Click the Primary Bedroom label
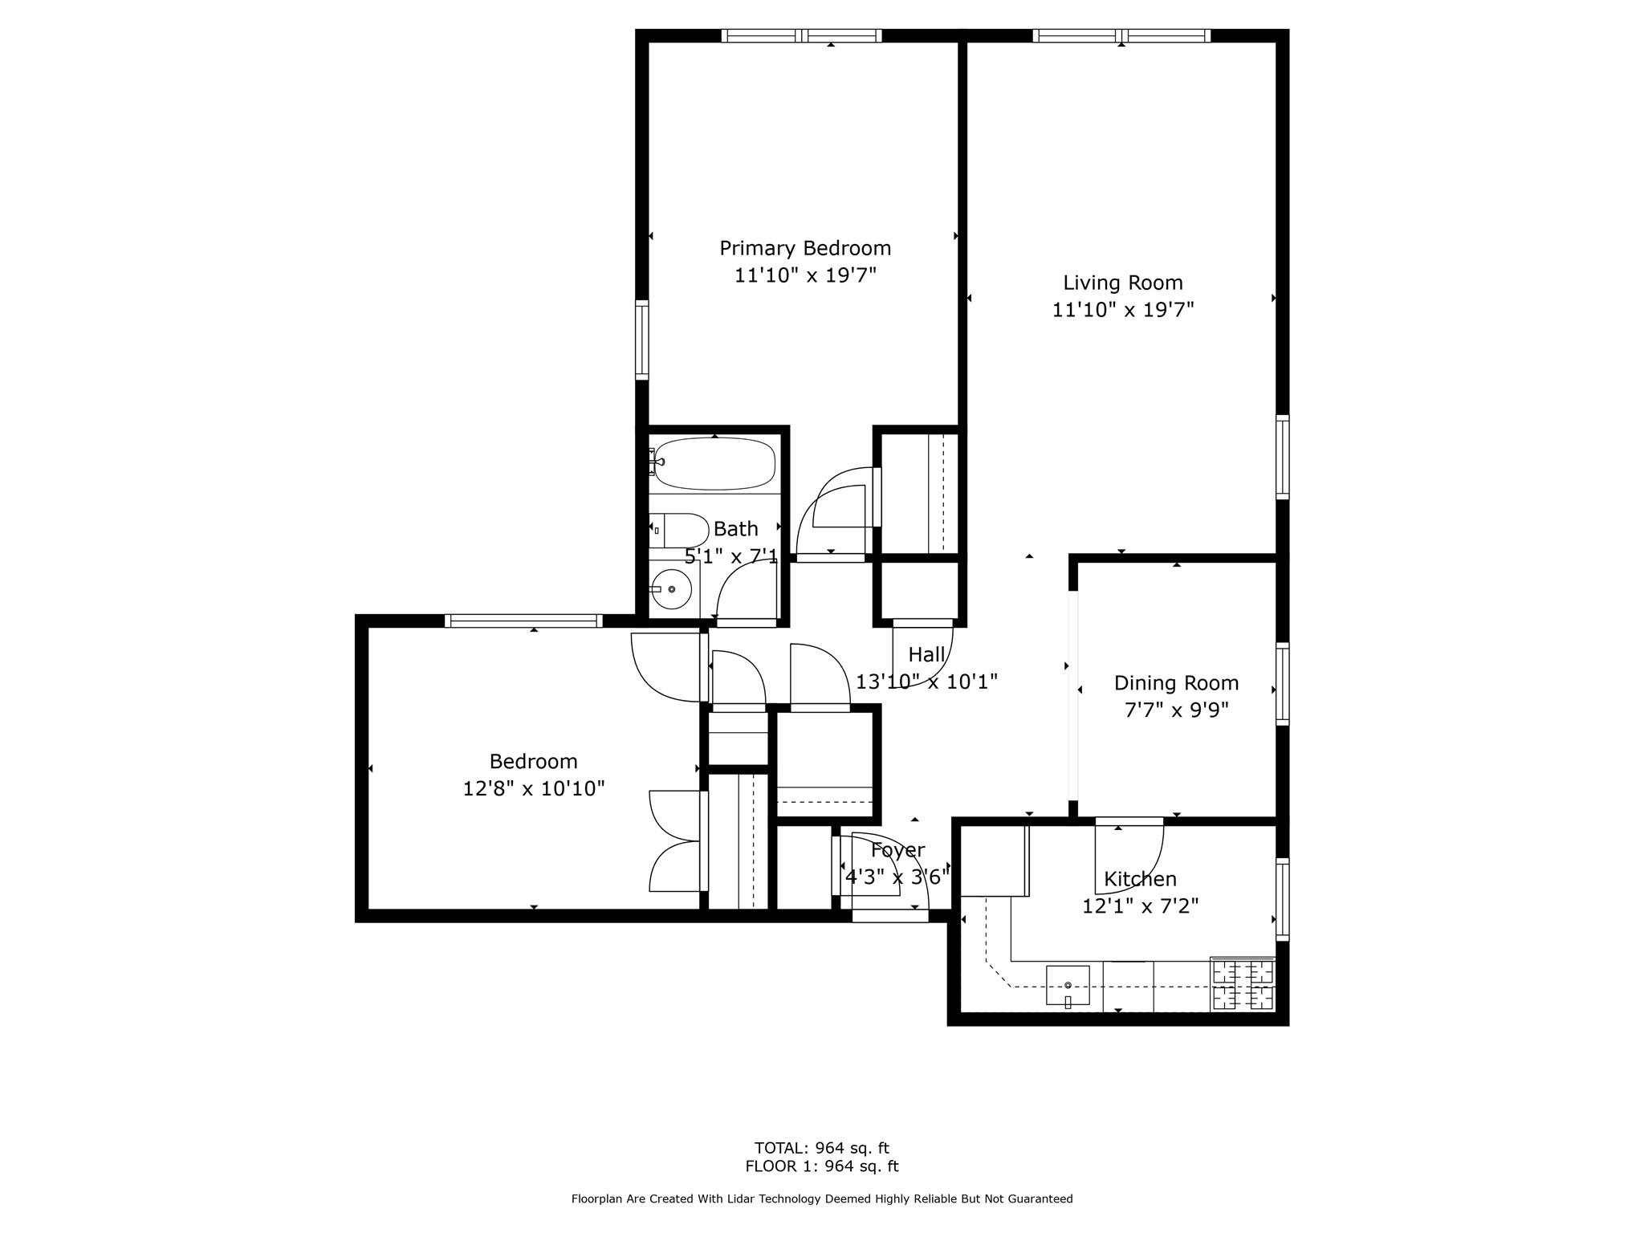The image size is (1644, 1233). point(804,248)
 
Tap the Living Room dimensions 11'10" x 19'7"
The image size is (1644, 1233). point(1122,310)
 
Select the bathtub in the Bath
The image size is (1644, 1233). point(714,463)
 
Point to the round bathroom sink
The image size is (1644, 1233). point(671,589)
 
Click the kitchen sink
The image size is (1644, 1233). point(1068,986)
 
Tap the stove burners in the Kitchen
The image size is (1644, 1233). point(1243,985)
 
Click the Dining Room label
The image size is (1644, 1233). point(1176,683)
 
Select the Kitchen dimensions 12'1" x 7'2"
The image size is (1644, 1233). point(1140,906)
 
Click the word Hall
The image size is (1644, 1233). point(926,655)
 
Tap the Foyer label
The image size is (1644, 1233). point(897,850)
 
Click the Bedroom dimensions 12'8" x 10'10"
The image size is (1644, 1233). point(533,788)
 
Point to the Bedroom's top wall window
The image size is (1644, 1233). point(523,621)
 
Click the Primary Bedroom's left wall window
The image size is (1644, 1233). point(641,340)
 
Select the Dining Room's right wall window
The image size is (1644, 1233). point(1282,684)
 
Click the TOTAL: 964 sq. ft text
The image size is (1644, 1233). point(821,1148)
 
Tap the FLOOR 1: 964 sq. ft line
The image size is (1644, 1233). point(821,1166)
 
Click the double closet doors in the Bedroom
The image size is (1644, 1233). point(676,840)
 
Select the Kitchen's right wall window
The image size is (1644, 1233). point(1282,899)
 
